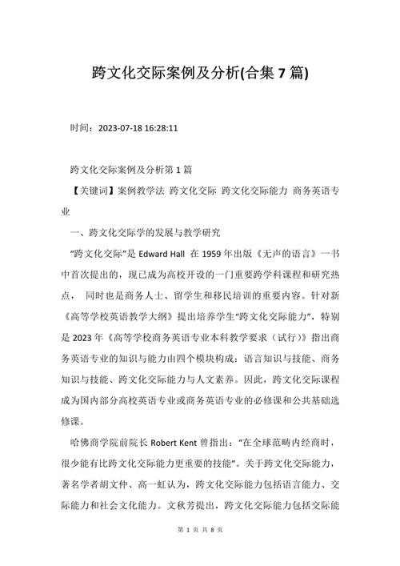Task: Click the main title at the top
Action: tap(200, 74)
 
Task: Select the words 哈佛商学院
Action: tap(94, 442)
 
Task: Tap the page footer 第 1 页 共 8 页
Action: tap(200, 552)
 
